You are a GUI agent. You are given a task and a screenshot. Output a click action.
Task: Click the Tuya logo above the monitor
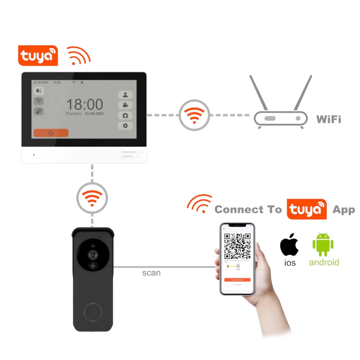click(38, 56)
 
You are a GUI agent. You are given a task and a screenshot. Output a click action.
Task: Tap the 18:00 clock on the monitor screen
click(84, 104)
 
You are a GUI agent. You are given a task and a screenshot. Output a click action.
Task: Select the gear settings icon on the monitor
click(125, 126)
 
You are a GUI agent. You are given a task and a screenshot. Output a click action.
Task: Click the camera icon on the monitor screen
click(125, 115)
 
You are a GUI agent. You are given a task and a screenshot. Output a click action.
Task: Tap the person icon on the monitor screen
click(125, 95)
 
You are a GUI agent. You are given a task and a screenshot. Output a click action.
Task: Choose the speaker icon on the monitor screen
click(39, 91)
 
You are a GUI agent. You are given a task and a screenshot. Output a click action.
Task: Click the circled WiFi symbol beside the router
click(194, 115)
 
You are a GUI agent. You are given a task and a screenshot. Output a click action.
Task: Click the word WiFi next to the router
click(328, 119)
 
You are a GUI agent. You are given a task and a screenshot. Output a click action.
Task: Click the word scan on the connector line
click(151, 273)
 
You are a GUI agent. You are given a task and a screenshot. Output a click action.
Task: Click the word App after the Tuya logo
click(343, 210)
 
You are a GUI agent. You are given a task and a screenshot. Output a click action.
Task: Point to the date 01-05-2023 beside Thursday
click(94, 114)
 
